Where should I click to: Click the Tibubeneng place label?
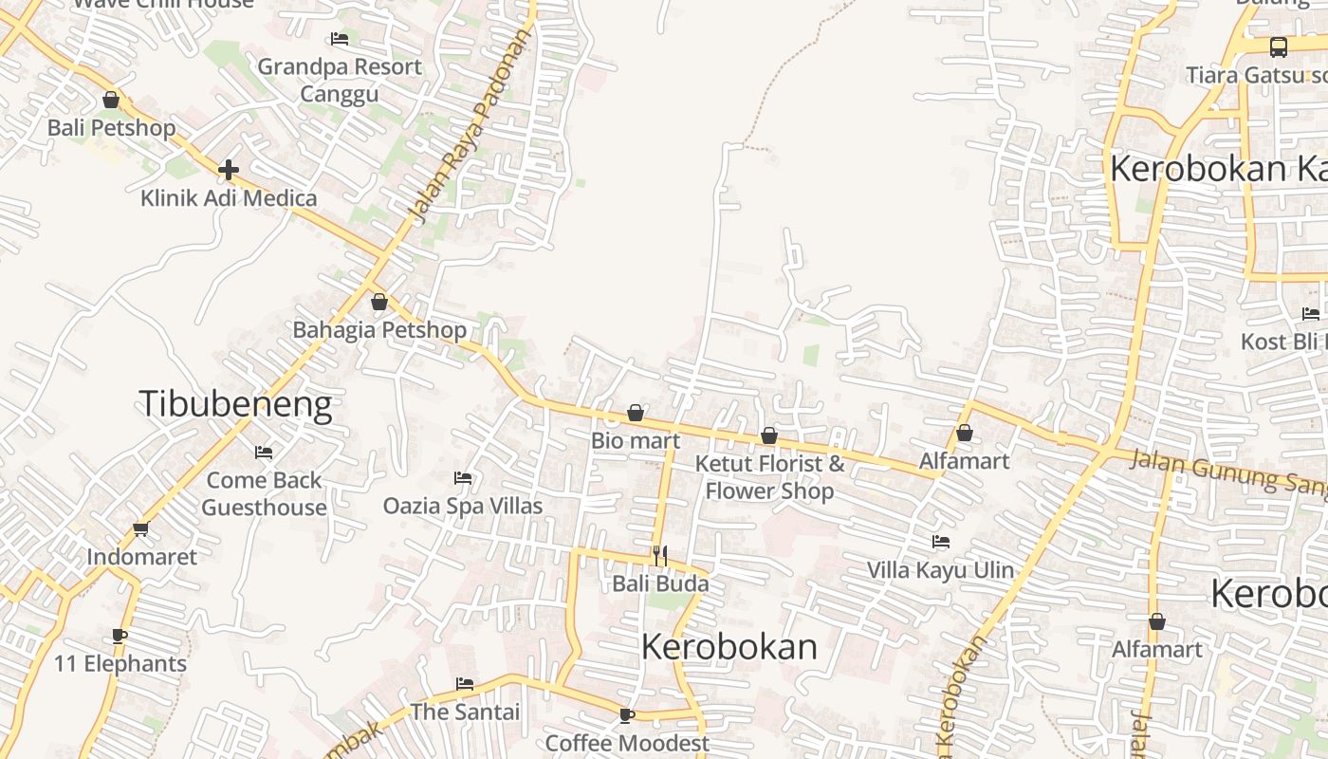point(235,404)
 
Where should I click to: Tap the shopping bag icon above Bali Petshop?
point(111,100)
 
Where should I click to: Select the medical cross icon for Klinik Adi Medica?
point(228,170)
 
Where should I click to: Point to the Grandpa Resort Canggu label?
point(340,80)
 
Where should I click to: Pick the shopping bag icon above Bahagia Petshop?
point(379,303)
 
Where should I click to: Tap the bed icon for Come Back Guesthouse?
point(264,453)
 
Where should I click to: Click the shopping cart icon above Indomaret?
point(141,528)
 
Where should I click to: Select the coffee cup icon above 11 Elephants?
point(120,636)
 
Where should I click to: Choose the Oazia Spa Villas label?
point(463,506)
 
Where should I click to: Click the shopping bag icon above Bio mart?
point(636,414)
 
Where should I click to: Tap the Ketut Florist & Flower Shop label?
point(769,477)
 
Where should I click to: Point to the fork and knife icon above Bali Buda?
point(660,556)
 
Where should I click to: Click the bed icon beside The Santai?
point(465,683)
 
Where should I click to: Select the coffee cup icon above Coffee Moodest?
point(627,714)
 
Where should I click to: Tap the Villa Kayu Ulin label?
point(940,570)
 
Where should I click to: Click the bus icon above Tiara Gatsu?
point(1279,46)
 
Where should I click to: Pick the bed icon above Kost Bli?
point(1311,314)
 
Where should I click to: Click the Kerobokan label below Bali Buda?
point(729,647)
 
